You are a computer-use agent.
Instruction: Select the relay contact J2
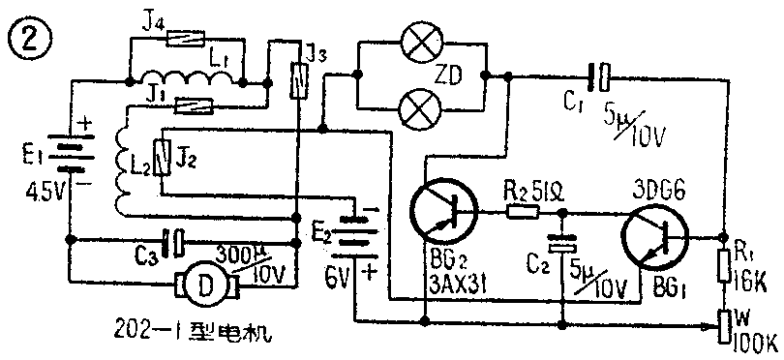point(166,154)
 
